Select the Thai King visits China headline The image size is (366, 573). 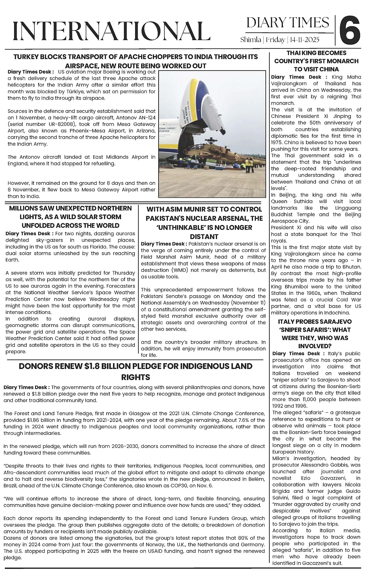click(316, 61)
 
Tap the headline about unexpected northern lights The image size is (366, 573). click(70, 217)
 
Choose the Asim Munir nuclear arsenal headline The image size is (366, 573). click(204, 223)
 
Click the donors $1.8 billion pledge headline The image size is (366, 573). click(135, 371)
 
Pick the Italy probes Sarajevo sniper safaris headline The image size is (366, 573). click(316, 334)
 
